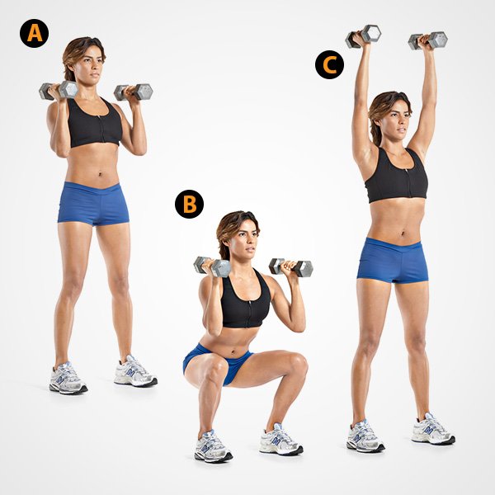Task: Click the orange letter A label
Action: point(35,33)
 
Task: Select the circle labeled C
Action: point(329,64)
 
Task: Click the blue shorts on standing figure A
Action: point(93,203)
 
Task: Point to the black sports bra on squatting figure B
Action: point(245,304)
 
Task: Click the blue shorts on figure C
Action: point(393,259)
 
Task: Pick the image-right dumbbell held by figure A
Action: point(133,91)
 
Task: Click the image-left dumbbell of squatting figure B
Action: point(213,266)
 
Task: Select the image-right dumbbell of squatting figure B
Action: point(291,266)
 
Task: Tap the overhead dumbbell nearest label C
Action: point(363,35)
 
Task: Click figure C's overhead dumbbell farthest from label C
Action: point(427,39)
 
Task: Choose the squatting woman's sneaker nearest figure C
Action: point(281,441)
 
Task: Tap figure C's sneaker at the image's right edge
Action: point(432,431)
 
